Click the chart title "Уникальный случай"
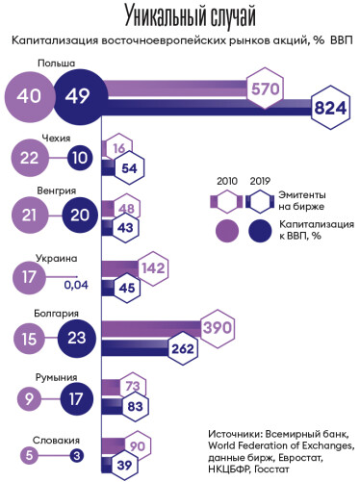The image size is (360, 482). (179, 16)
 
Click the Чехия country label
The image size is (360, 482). (56, 140)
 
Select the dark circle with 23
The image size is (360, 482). (79, 339)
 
